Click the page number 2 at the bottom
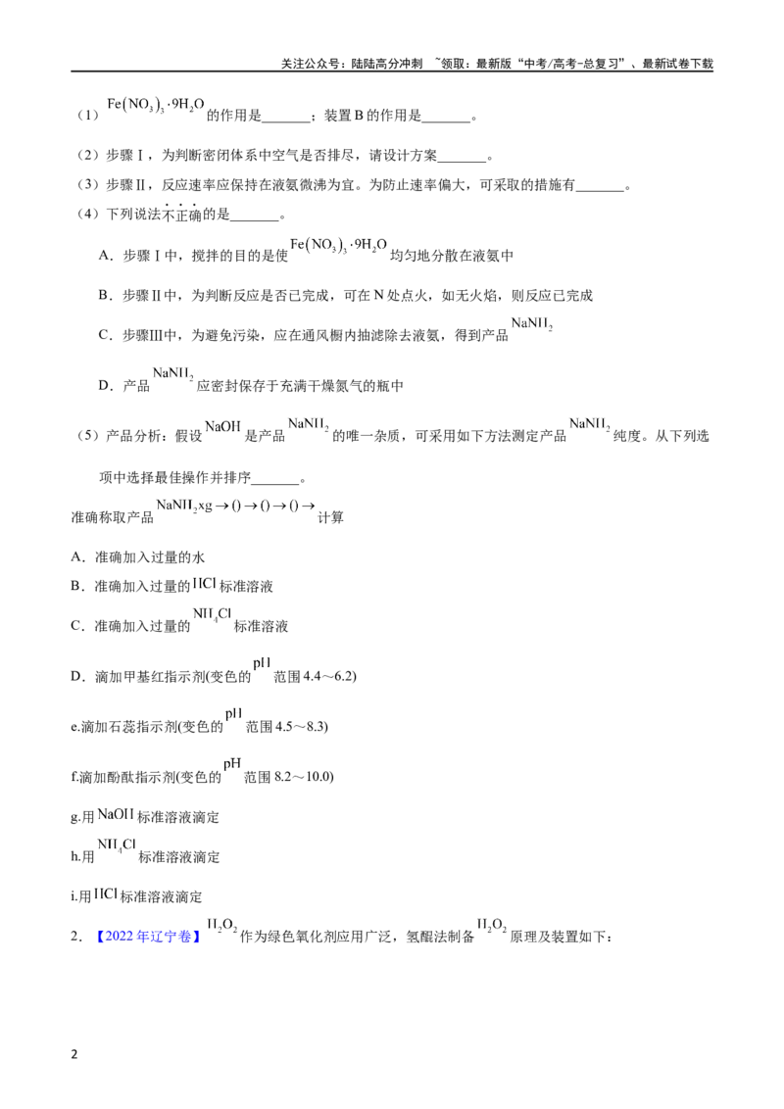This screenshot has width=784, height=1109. [x=74, y=1054]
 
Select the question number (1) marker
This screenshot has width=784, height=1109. [x=88, y=115]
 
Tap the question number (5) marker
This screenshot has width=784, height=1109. [x=88, y=436]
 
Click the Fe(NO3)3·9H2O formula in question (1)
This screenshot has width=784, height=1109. [x=155, y=106]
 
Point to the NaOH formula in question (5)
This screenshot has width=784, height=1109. [x=222, y=426]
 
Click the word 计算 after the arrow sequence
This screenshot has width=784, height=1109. [x=330, y=517]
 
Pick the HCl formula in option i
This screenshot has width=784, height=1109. [x=105, y=894]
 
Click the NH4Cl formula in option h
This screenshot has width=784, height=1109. [x=117, y=845]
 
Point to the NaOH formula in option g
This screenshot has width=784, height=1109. [x=116, y=814]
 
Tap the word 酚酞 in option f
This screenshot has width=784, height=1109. [x=106, y=777]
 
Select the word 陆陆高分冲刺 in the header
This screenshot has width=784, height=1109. [x=387, y=64]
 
